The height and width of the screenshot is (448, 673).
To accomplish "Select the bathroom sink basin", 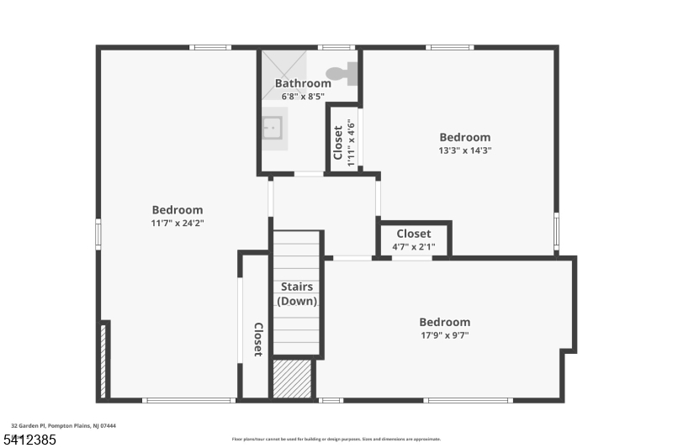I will point(272,128).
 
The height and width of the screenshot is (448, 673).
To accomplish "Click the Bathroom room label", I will point(303,83).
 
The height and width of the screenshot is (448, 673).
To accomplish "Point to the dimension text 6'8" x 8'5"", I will point(303,97).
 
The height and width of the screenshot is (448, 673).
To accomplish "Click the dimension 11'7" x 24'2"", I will point(178,224).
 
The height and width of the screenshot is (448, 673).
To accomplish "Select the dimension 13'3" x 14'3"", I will point(465,151).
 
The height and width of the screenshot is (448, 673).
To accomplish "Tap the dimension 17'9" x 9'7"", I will point(445,335).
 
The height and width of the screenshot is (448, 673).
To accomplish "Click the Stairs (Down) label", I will point(297,294).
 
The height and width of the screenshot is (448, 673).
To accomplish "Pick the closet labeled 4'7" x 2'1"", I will point(414,240).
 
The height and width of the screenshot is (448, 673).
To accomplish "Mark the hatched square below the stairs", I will point(293,378).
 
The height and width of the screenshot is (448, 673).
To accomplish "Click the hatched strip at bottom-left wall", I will point(103,361).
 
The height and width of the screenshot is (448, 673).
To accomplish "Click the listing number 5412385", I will point(29,439).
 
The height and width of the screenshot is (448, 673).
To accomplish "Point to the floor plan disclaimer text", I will point(336,439).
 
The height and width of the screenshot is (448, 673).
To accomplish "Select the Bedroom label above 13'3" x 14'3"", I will point(465,137).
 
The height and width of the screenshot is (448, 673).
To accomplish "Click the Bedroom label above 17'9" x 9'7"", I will point(445,322).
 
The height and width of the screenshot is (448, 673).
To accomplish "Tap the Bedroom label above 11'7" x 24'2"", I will point(178,210).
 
